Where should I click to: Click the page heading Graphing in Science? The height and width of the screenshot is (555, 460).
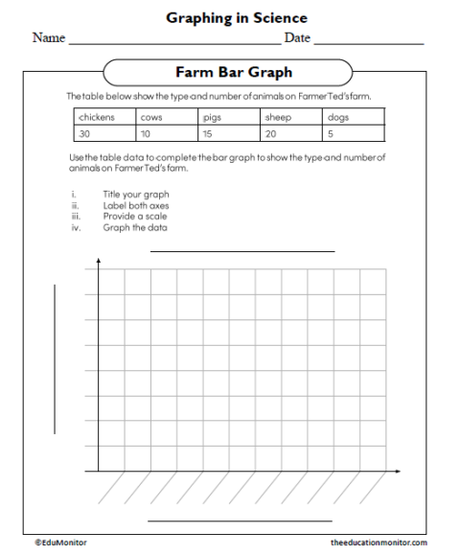(237, 17)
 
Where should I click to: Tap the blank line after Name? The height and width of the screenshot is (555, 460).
(174, 42)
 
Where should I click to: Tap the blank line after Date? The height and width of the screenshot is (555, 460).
(368, 42)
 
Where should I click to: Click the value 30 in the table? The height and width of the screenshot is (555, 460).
(84, 134)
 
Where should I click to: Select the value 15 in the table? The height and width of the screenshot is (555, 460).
(208, 134)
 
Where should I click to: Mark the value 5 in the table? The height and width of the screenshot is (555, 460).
(330, 134)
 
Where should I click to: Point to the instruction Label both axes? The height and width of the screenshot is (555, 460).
(136, 205)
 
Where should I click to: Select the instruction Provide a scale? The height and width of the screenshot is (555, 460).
(134, 217)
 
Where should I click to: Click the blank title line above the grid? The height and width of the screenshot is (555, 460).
(241, 250)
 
